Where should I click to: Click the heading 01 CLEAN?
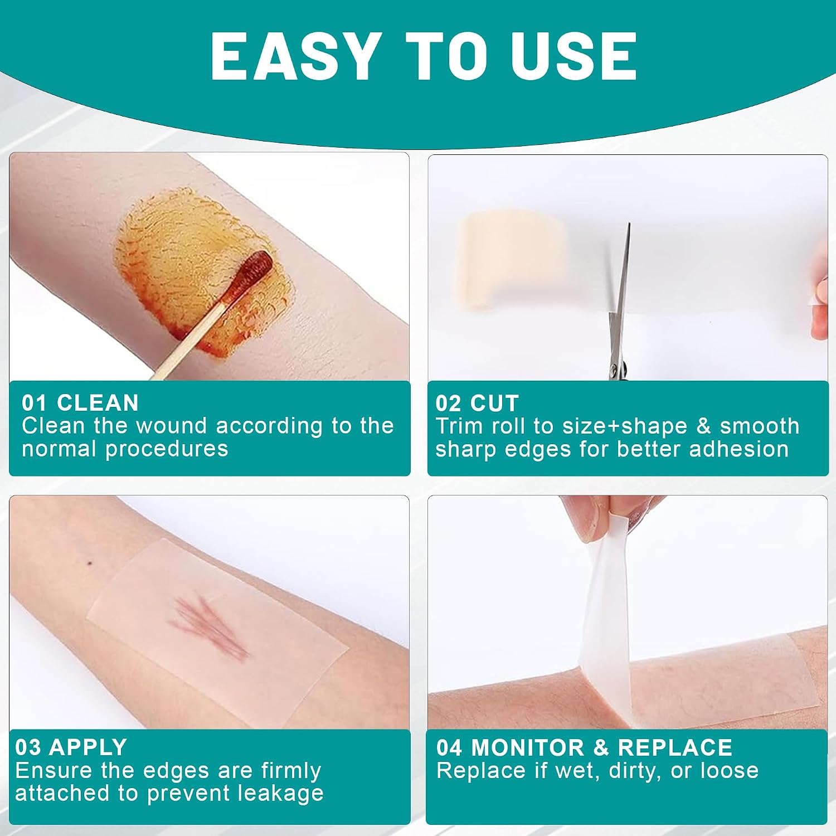coord(80,403)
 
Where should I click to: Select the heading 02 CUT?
coord(477,403)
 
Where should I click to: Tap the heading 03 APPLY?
coord(71,747)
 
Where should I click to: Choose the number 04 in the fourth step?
coord(449,747)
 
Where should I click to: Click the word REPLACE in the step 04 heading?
coord(675,747)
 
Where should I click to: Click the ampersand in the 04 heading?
coord(601,747)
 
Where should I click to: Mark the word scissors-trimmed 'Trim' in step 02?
coord(455,426)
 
